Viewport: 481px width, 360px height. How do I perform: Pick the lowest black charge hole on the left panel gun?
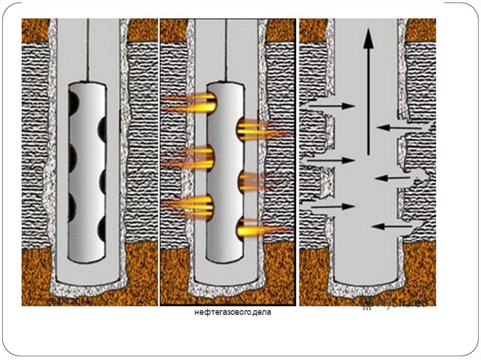(102, 230)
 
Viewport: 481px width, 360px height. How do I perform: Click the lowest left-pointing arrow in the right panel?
(392, 227)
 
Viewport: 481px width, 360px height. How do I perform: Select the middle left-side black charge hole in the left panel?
(73, 155)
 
